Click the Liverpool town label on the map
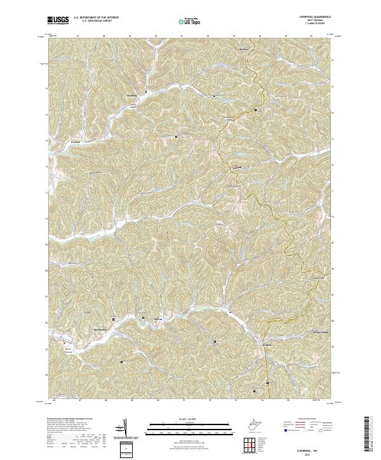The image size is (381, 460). coord(268,345)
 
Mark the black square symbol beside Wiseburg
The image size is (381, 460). coord(146,92)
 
